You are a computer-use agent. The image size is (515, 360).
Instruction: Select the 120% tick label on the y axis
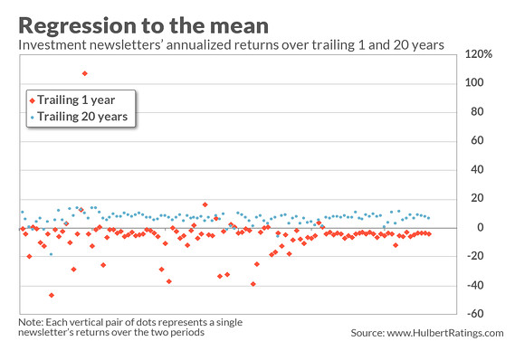pos(479,54)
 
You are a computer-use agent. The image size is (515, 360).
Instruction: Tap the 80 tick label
pos(472,112)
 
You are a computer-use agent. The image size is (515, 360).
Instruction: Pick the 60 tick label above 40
pos(472,141)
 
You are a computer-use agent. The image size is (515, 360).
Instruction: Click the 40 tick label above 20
pos(472,170)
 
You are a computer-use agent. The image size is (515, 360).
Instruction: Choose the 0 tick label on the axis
pos(470,228)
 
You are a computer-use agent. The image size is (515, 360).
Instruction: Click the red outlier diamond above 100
pos(85,73)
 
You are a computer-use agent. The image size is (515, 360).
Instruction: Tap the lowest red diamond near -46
pos(52,295)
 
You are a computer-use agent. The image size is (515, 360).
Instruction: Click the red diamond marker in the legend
pos(33,100)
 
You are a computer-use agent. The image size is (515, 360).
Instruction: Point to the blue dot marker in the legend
pos(33,117)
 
